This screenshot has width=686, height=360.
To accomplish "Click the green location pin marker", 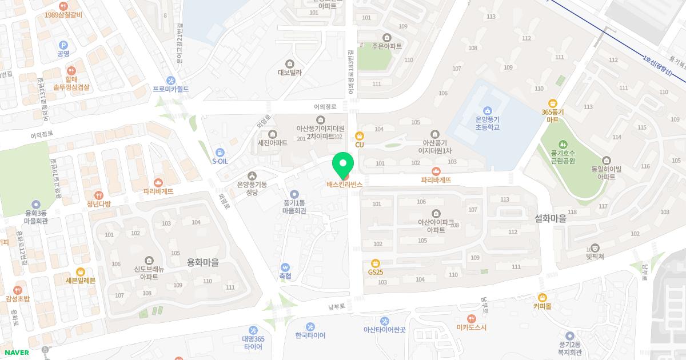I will (x=343, y=166).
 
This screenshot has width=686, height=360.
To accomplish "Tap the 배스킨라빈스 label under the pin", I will (x=344, y=185).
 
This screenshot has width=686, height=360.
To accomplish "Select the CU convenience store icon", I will (x=359, y=136).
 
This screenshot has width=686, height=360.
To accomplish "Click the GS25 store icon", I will (x=376, y=263).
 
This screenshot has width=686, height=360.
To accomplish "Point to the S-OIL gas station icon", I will (x=220, y=152).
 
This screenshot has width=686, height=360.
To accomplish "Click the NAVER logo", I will (x=15, y=353).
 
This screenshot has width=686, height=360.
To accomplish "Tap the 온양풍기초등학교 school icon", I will (x=487, y=111).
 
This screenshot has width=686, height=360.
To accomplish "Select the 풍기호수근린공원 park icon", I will (x=563, y=144).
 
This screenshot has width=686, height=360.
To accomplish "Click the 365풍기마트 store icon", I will (x=552, y=103).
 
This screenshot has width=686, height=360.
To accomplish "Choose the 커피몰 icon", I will (x=542, y=297).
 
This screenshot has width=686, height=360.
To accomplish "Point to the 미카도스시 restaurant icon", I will (x=471, y=318).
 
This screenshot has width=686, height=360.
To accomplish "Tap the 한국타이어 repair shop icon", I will (x=310, y=326).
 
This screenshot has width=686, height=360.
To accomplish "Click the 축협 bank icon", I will (x=285, y=267).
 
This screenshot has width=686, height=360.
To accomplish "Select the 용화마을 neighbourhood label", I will (x=203, y=262).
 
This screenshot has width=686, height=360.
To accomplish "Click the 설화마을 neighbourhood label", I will (x=550, y=218).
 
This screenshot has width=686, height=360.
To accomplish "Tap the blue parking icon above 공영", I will (x=63, y=45).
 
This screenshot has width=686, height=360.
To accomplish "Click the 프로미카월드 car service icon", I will (x=170, y=81).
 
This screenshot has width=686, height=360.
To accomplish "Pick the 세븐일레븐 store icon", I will (x=80, y=271).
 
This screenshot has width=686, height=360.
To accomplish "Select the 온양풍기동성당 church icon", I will (x=252, y=175).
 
